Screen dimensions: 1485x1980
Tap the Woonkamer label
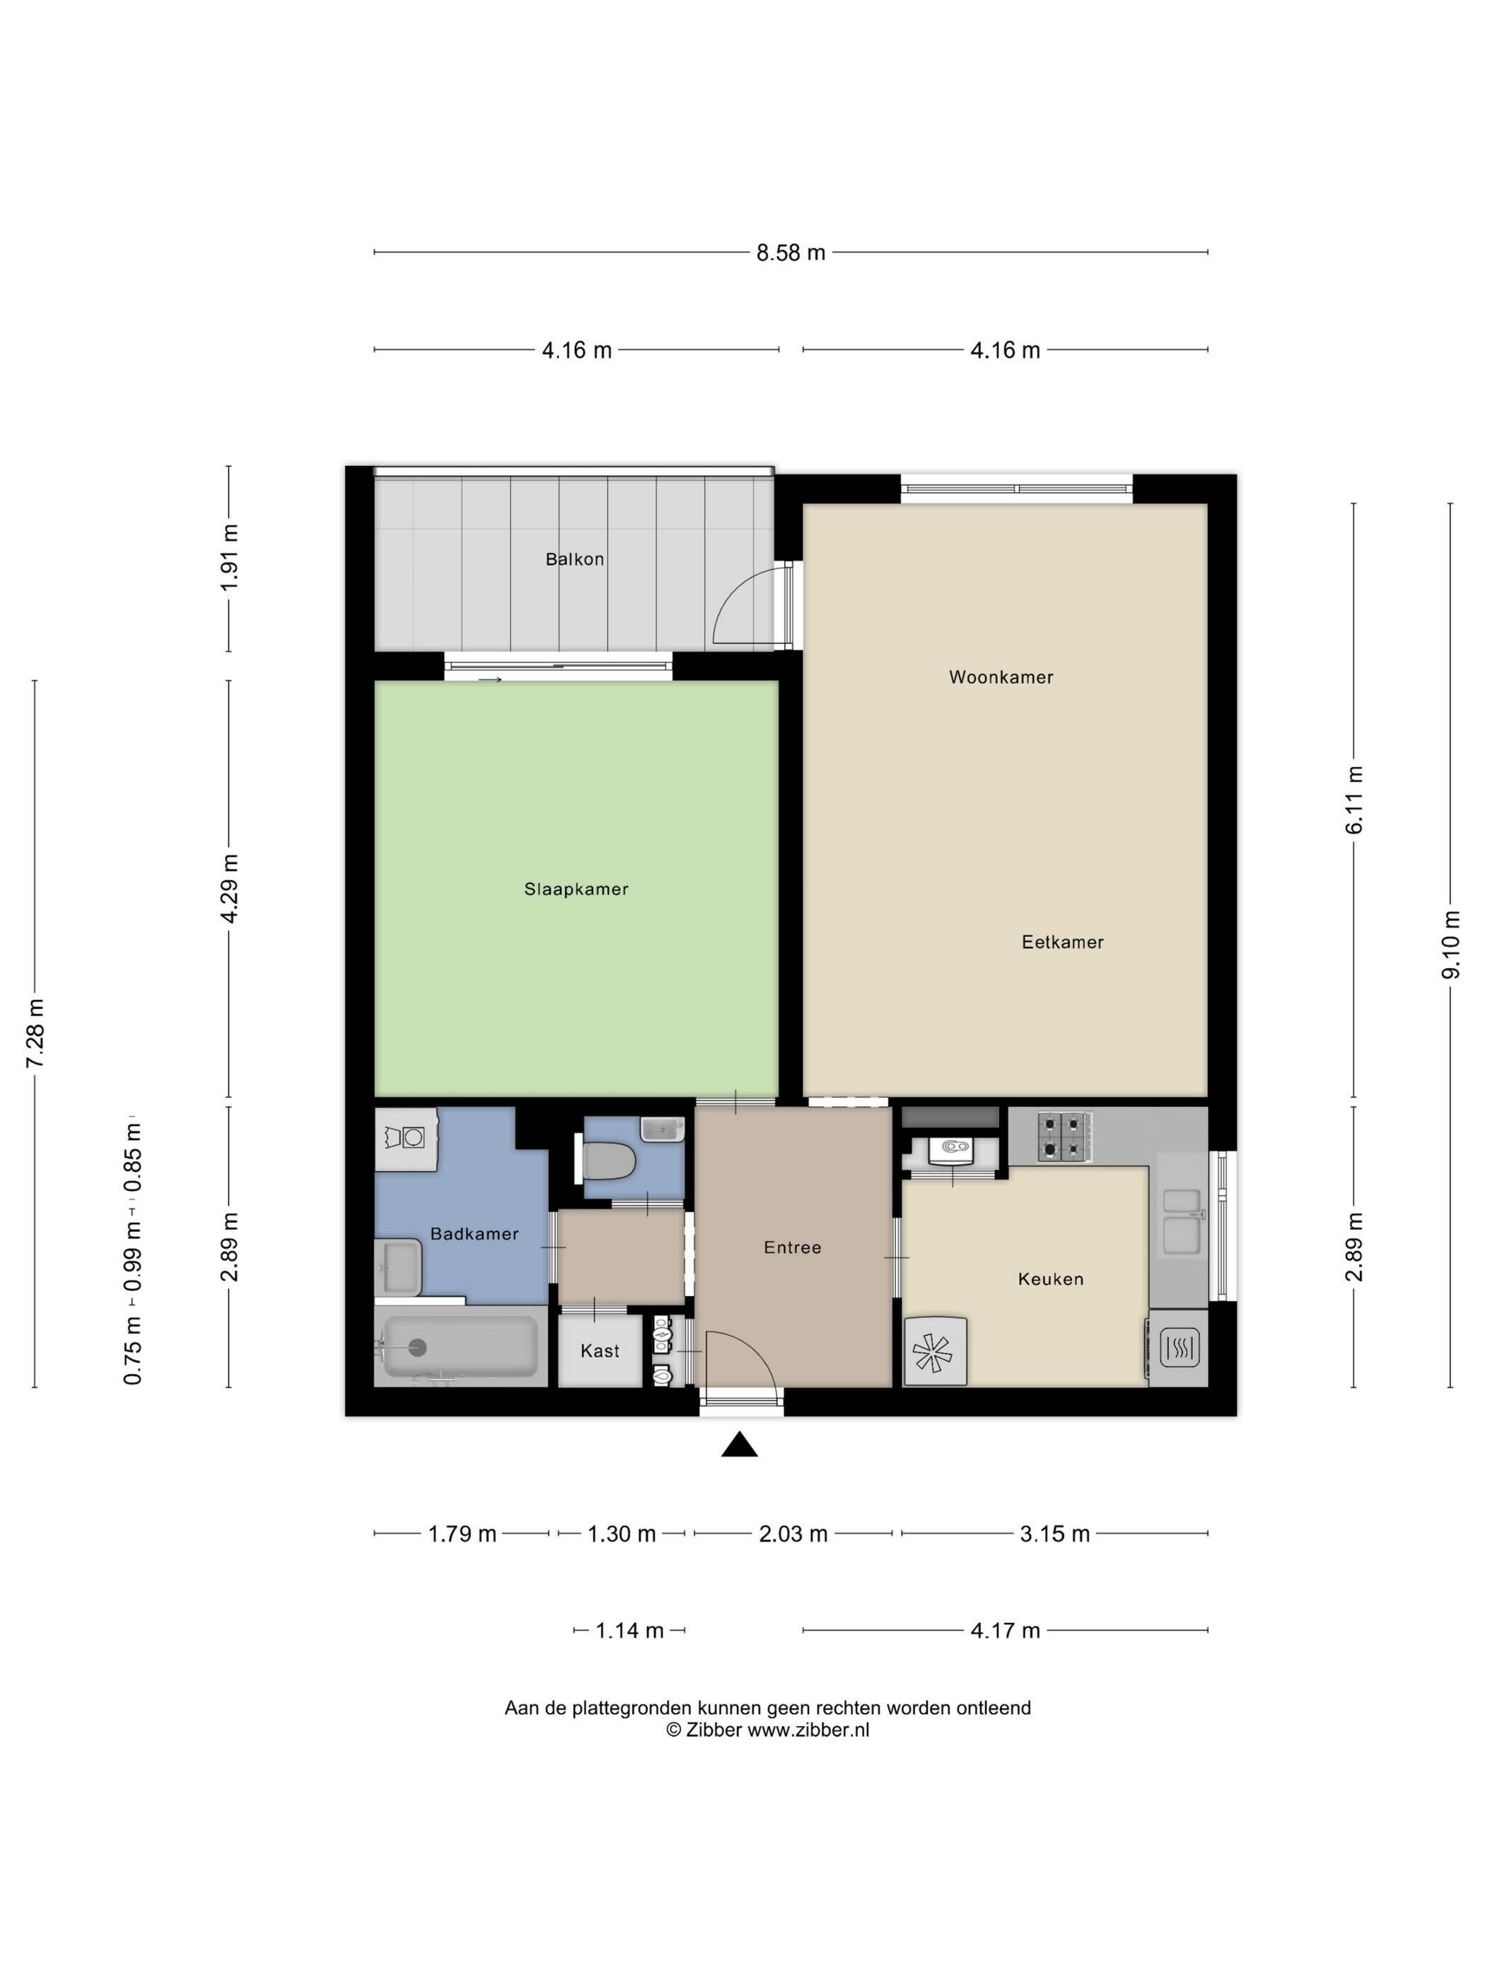[1001, 677]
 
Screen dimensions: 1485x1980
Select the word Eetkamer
[1063, 942]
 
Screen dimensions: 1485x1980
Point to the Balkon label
[575, 559]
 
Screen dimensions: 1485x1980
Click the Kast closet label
[600, 1351]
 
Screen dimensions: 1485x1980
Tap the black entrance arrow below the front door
[740, 1444]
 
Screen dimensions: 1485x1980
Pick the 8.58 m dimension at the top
[791, 252]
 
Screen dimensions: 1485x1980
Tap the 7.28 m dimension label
[35, 1033]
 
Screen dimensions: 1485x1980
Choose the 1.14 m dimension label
[630, 1631]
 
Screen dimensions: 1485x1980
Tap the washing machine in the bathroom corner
[407, 1138]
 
